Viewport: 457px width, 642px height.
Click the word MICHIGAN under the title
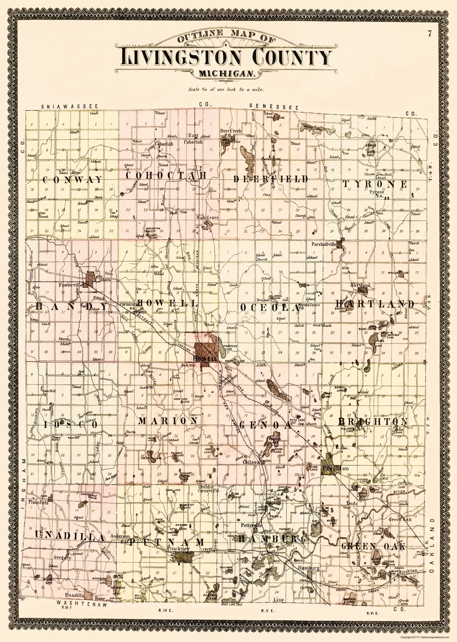[227, 74]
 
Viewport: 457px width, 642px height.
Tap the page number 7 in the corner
[429, 34]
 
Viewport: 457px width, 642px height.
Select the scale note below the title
[226, 90]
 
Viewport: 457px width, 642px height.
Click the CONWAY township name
[73, 180]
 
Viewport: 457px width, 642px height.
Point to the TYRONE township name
[375, 184]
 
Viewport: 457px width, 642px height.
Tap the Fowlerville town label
[70, 285]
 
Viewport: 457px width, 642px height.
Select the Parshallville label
[324, 245]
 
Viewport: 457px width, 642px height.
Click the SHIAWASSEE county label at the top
[69, 107]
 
